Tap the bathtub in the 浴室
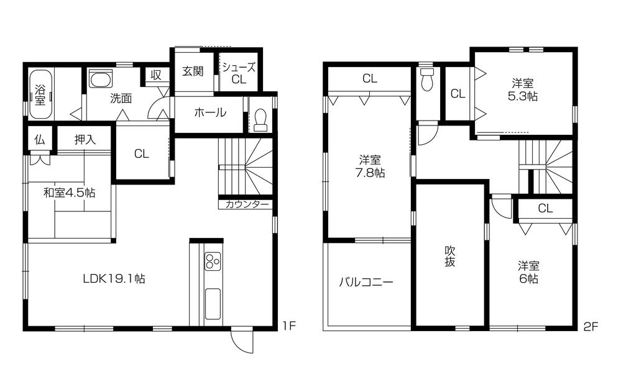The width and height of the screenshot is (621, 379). [40, 94]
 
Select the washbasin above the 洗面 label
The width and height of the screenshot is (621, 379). [100, 79]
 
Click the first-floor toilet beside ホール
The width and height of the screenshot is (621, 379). [260, 119]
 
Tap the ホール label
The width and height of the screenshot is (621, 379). [209, 113]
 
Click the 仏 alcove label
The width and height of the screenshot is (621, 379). [38, 139]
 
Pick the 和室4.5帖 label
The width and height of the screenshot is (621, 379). [69, 193]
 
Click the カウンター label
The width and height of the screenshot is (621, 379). [247, 204]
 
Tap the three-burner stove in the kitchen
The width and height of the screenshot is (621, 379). [212, 261]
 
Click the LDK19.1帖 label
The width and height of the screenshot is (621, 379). [114, 279]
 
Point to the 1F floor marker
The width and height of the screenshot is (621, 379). [287, 325]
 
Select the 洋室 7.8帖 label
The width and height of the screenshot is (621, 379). [371, 166]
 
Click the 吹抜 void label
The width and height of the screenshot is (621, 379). [450, 256]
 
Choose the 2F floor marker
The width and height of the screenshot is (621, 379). [591, 325]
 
